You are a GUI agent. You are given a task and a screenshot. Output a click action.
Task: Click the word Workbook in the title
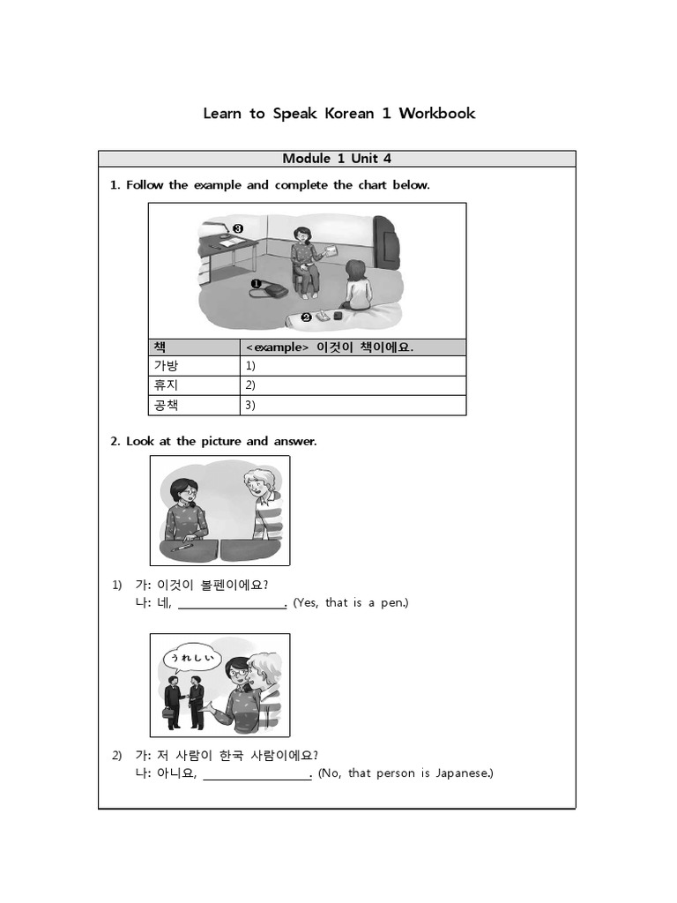[436, 113]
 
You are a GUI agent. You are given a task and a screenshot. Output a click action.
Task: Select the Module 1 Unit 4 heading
[337, 159]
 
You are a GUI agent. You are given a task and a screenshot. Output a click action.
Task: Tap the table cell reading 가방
[166, 365]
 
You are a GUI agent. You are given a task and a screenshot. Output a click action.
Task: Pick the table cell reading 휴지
[166, 385]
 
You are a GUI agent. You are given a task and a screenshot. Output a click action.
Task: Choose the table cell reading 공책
[166, 406]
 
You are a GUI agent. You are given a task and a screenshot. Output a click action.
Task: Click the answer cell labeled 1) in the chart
[353, 365]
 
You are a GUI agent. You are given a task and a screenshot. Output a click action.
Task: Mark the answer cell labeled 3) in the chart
[353, 406]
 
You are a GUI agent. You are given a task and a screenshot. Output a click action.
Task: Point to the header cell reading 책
[160, 347]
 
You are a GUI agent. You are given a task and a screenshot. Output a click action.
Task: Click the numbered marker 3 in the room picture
[238, 228]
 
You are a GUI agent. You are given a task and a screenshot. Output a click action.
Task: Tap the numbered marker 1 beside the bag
[256, 284]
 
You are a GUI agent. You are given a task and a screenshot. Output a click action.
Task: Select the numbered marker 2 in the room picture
[306, 317]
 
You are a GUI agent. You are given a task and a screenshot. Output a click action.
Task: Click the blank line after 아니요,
[257, 774]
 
